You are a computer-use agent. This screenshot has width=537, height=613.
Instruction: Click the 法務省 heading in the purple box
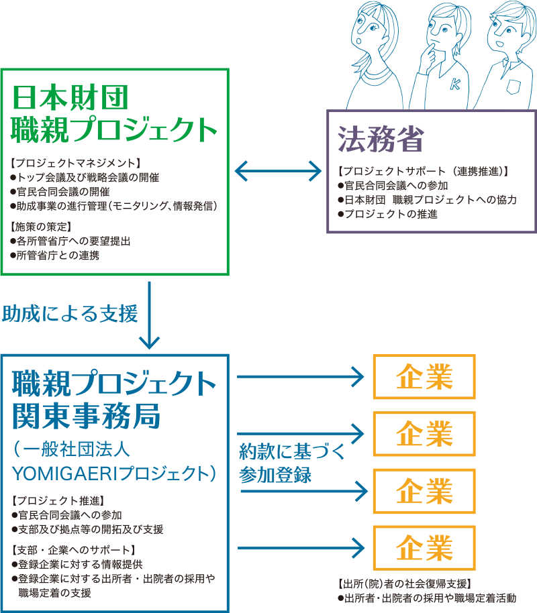pos(381,140)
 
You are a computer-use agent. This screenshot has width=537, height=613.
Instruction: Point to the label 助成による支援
pos(70,313)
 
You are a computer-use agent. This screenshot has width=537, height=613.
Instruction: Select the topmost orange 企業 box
pos(424,377)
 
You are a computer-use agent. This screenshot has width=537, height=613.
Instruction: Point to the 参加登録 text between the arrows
pos(275,474)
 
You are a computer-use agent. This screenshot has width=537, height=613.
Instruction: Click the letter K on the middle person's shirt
pos(454,84)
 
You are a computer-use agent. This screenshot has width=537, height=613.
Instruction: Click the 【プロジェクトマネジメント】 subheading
pos(75,163)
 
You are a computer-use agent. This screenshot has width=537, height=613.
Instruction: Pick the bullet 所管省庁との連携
pos(58,254)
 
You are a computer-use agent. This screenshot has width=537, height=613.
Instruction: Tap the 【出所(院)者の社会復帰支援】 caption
pos(405,583)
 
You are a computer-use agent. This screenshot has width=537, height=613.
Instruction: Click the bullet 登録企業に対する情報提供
pos(77,564)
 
